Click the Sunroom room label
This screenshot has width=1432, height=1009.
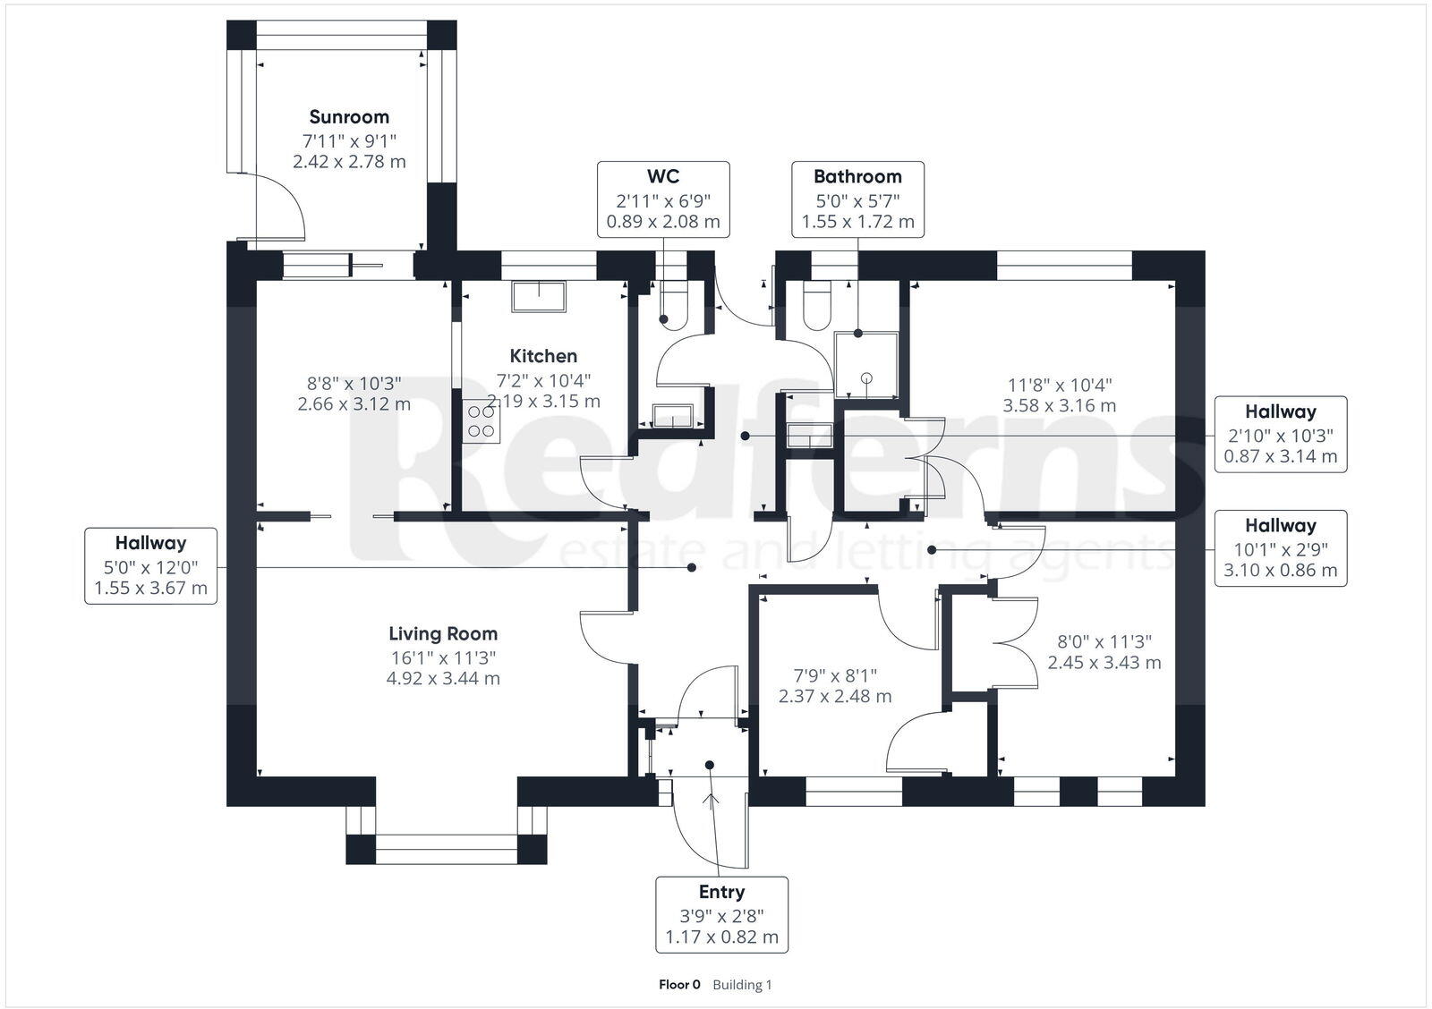pos(349,116)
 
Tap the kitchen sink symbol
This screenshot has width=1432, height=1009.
pos(539,296)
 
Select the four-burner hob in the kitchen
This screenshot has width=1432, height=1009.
pos(481,420)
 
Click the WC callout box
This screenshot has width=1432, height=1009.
pos(663,199)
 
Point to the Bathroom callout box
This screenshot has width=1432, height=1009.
pos(857,199)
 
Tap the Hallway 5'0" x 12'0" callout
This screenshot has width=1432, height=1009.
pos(150,565)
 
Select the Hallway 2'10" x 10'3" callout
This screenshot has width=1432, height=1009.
pos(1280,434)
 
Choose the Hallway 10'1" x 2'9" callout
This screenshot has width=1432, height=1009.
pos(1280,547)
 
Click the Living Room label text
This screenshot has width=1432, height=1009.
pos(443,633)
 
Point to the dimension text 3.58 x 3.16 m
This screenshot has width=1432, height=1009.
pos(1060,405)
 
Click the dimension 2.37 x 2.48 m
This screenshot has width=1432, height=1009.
pos(834,696)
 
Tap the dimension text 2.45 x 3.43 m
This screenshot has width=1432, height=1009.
pos(1104,663)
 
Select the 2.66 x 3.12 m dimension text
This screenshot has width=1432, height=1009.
pos(354,403)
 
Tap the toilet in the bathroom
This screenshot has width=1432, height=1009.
pos(817,309)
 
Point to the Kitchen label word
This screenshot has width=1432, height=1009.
pos(543,355)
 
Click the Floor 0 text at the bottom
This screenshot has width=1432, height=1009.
pos(679,985)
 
